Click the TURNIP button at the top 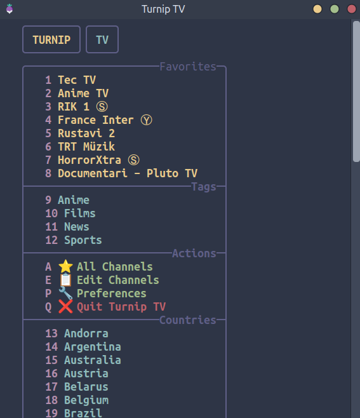51,39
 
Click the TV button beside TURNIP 102,39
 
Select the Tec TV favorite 77,80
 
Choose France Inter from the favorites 96,120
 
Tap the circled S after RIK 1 102,107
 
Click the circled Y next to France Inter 146,120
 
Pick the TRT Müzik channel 86,147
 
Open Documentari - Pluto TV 128,173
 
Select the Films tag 79,213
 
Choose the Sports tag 83,240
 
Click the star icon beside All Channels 65,266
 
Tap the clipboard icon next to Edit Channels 65,280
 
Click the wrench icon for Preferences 65,293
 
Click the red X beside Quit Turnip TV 65,307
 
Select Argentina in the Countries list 93,347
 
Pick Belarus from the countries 86,387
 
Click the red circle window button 352,9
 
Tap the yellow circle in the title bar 317,9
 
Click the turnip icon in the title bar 10,9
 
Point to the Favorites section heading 188,67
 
